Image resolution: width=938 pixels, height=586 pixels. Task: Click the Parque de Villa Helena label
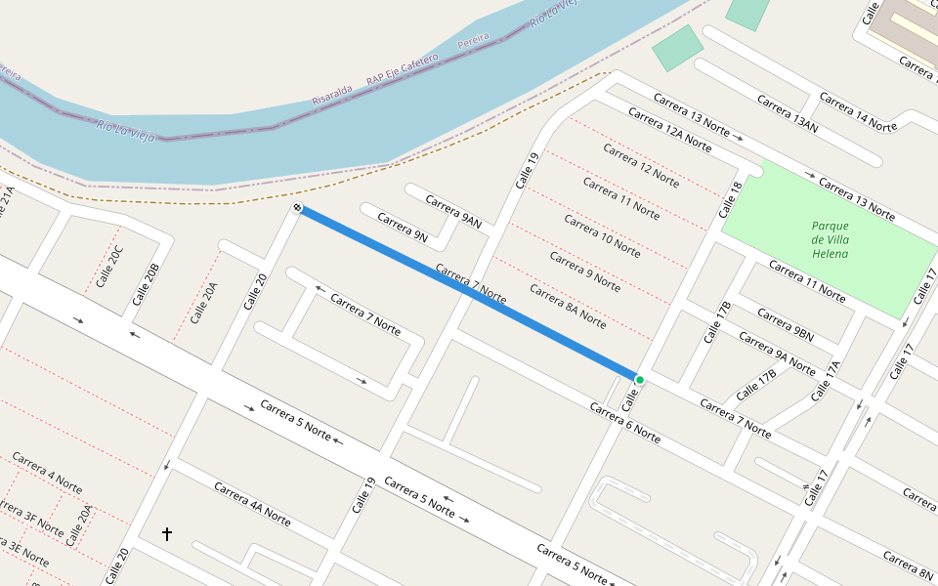point(830,240)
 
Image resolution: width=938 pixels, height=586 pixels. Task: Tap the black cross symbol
point(167,534)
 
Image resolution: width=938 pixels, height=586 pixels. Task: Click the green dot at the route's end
point(639,379)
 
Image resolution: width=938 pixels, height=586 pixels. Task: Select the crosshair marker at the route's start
point(297,208)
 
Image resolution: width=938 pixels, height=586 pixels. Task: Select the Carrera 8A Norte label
point(568,306)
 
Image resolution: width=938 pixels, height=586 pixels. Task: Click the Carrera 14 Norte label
point(858,112)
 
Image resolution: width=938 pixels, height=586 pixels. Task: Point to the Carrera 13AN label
point(787,112)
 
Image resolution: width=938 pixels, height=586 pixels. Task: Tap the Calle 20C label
point(110,268)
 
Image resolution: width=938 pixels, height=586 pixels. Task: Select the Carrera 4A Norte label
point(252,504)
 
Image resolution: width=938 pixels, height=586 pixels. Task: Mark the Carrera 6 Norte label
point(624,422)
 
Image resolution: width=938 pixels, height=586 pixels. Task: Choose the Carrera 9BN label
point(786,325)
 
